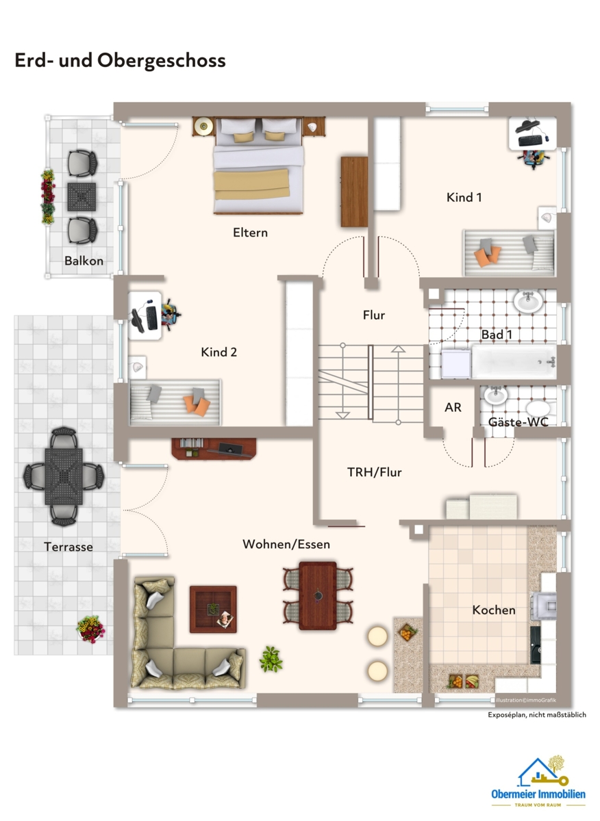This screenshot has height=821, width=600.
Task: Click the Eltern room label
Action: [250, 233]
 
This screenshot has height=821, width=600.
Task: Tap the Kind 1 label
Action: [464, 197]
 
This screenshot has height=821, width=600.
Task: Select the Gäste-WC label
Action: [518, 422]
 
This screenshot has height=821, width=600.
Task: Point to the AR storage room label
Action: [453, 407]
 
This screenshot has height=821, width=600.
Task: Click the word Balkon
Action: [84, 261]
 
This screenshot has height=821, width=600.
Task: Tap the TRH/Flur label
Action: [374, 472]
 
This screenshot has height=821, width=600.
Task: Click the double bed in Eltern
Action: [258, 166]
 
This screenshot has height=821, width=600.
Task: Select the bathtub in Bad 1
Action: [514, 361]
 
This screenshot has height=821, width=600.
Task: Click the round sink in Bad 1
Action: [529, 302]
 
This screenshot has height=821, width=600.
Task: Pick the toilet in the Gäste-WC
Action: [540, 409]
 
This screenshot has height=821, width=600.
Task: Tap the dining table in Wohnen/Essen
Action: [318, 596]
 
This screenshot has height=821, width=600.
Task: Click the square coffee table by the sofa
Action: [213, 609]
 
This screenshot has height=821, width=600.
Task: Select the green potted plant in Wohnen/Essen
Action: [271, 660]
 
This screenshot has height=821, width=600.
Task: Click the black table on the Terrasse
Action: [64, 476]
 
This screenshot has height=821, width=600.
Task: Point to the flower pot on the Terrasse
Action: [90, 629]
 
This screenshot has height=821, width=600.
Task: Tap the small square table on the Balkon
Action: [82, 197]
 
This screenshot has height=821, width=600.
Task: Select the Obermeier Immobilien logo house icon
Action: [542, 772]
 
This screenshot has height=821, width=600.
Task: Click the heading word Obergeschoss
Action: [162, 61]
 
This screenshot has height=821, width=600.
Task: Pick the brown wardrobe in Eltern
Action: [354, 192]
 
